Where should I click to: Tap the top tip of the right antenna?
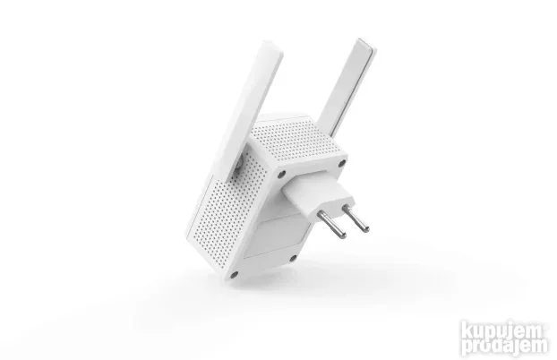(x=363, y=43)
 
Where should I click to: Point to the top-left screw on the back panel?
(x=280, y=172)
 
